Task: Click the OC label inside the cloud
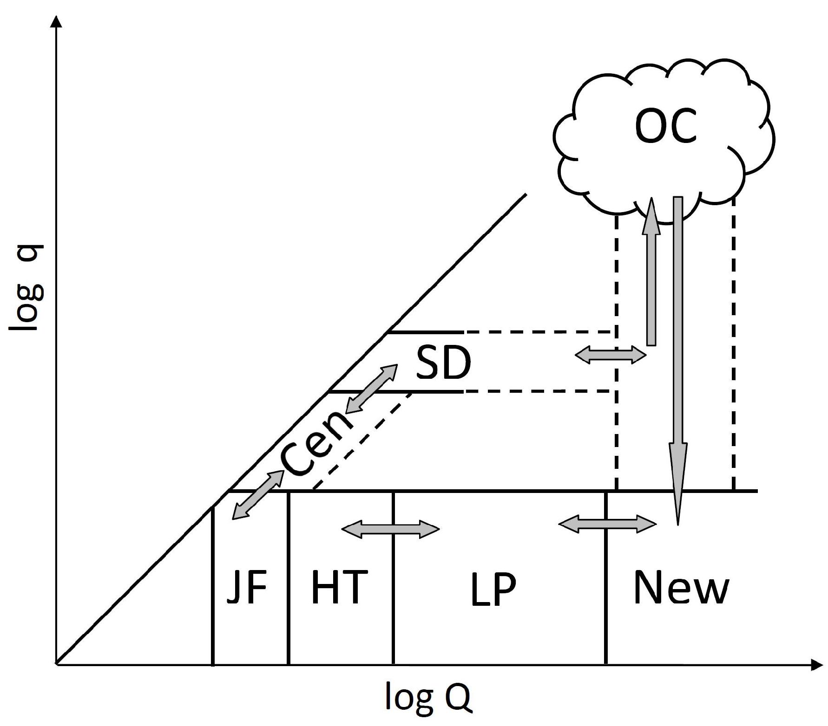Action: [665, 126]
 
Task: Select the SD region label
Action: [443, 363]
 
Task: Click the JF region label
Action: [247, 587]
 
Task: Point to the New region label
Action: [681, 588]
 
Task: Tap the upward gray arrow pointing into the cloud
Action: [651, 274]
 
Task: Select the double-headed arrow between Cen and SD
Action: [371, 389]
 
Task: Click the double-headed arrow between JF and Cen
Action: [258, 495]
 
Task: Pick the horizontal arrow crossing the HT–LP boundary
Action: [390, 529]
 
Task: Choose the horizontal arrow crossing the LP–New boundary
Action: [607, 524]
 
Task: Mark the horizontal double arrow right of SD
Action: [611, 356]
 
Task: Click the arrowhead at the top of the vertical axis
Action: [56, 22]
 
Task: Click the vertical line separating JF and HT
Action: [289, 578]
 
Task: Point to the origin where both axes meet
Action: [56, 665]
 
